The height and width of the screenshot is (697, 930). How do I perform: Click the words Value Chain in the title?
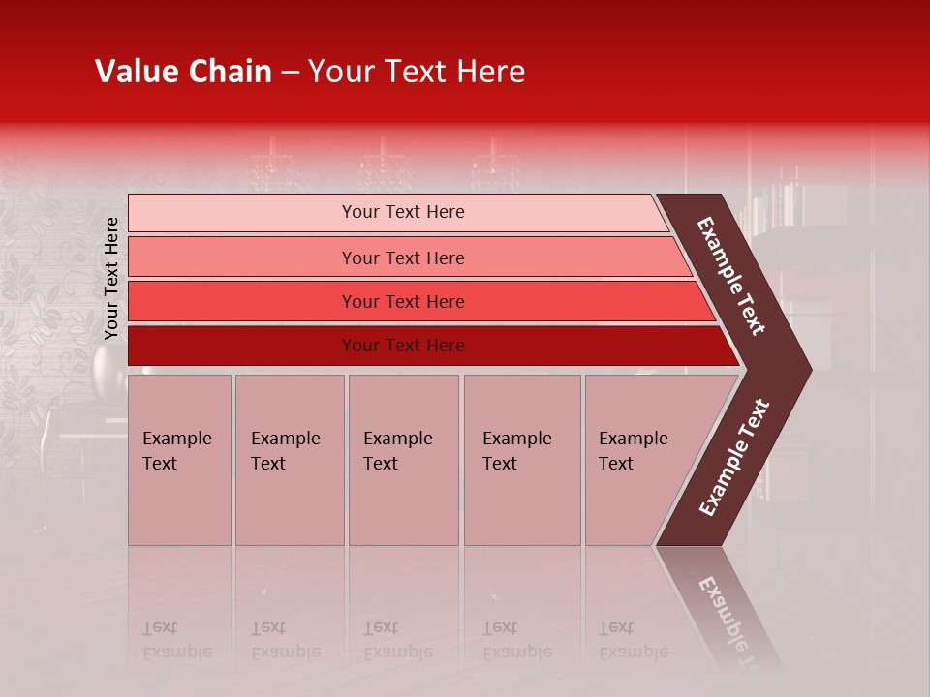tap(183, 72)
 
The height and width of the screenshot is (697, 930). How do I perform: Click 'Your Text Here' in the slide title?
tap(417, 72)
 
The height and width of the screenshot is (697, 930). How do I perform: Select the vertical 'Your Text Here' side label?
tap(111, 278)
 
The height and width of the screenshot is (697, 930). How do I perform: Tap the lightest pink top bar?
tap(242, 213)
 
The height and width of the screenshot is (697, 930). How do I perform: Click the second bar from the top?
tap(242, 258)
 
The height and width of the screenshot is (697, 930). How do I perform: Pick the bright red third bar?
tap(242, 302)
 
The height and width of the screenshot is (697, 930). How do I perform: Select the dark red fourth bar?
tap(242, 346)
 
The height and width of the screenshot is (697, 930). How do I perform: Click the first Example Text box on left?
tap(179, 460)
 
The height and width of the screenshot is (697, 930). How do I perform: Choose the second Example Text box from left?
tap(289, 460)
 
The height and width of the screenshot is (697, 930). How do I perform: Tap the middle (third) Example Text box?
tap(403, 460)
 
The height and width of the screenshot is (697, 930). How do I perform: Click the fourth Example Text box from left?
tap(522, 460)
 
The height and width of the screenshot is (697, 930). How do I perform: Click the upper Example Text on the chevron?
tap(731, 276)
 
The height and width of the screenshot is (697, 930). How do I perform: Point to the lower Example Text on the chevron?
tap(733, 458)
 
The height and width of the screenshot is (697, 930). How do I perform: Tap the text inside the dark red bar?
tap(403, 346)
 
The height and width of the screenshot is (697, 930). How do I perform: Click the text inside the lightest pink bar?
tap(403, 212)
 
